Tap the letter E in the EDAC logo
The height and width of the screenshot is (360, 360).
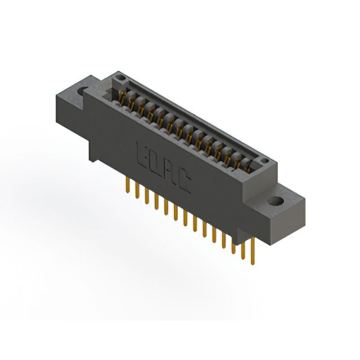141,154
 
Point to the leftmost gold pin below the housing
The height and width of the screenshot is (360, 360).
128,187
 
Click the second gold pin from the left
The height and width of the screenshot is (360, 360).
137,191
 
